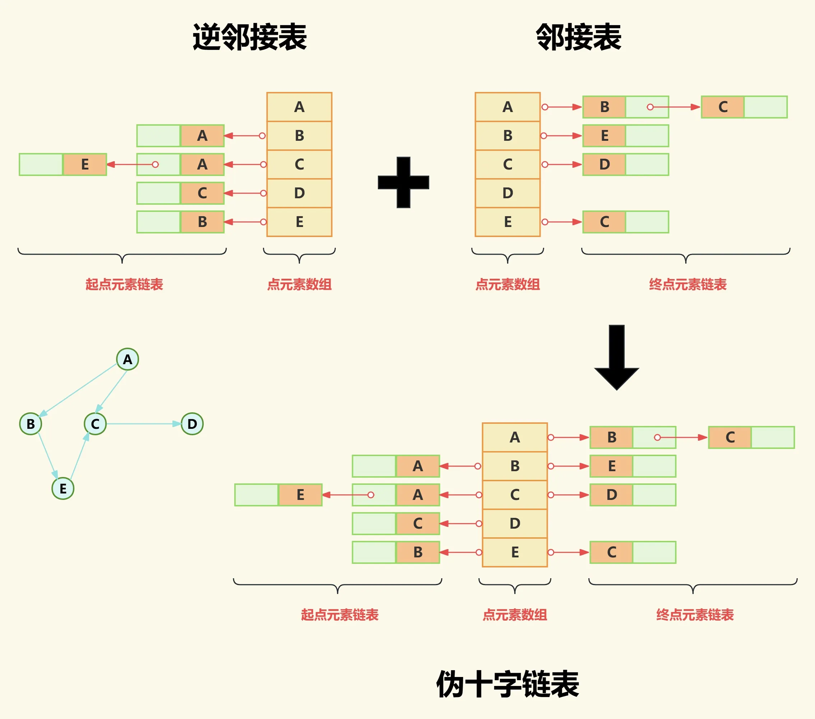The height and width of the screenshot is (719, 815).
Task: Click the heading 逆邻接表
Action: (250, 37)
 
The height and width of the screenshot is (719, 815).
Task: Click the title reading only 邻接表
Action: (578, 37)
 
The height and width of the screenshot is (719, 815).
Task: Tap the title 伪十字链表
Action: (508, 684)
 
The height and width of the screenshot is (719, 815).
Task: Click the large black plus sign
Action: (403, 182)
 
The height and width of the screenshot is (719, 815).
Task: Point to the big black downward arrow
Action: (616, 357)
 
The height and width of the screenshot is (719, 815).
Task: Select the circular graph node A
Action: (128, 359)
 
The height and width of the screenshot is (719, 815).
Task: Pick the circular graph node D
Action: (192, 424)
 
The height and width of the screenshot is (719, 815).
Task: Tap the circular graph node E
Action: (63, 488)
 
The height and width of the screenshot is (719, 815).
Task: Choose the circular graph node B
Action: (31, 424)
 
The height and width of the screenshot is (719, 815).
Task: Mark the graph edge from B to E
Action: (47, 455)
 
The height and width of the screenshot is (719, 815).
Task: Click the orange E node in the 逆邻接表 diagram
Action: (84, 164)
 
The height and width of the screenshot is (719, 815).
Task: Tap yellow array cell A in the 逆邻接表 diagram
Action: (299, 107)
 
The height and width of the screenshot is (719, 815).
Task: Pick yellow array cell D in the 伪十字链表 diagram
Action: (515, 524)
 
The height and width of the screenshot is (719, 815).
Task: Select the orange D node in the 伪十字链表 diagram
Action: (612, 495)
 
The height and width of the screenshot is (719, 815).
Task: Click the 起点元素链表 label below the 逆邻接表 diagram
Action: (124, 284)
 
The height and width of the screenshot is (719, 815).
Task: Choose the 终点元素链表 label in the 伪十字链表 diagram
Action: (695, 614)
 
